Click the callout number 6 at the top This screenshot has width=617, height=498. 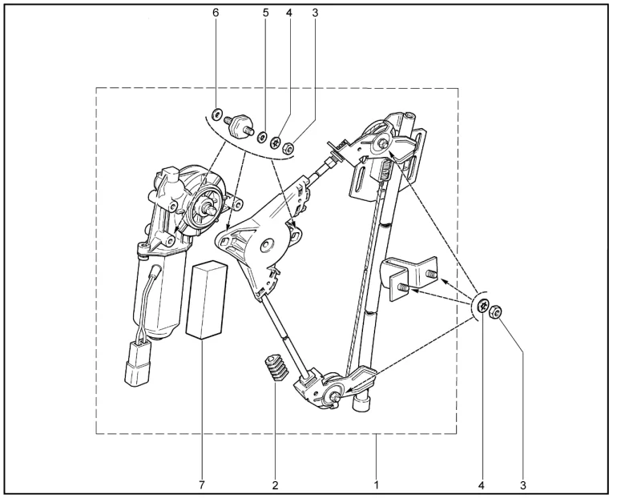click(x=216, y=13)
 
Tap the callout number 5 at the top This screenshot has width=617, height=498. click(x=265, y=13)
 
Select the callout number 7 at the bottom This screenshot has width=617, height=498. click(x=202, y=485)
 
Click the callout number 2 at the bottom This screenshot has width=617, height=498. click(x=275, y=485)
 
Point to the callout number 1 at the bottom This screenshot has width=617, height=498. click(x=376, y=485)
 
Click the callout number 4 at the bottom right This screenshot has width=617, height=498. click(x=481, y=485)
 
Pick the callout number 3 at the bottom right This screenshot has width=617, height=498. click(x=523, y=485)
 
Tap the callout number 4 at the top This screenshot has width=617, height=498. click(x=289, y=13)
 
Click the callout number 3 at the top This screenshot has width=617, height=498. click(x=315, y=13)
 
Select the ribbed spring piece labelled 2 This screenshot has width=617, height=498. click(x=274, y=367)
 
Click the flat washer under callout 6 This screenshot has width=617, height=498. click(x=216, y=114)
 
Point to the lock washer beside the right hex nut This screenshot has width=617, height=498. click(x=483, y=305)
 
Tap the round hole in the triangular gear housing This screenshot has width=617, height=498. click(x=268, y=245)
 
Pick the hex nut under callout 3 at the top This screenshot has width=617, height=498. click(x=288, y=148)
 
